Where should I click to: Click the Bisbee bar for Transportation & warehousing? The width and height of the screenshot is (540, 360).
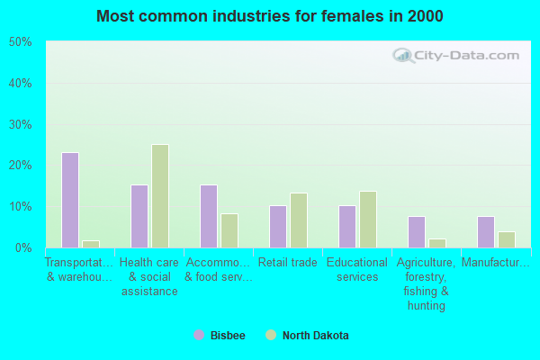pos(70,200)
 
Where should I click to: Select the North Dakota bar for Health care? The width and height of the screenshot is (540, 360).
pos(160,196)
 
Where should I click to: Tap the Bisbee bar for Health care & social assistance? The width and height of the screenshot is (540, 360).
pos(139,216)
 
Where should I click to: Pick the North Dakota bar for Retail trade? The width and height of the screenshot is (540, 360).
pos(299,220)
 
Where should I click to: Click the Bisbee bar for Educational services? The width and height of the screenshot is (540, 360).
pos(347,227)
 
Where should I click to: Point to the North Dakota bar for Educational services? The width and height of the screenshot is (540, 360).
pos(368,220)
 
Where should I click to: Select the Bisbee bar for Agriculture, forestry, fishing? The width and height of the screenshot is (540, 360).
pos(417,232)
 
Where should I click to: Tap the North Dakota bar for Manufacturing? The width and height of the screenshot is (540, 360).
pos(507,239)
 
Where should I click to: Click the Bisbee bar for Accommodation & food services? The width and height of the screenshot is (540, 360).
pos(209,216)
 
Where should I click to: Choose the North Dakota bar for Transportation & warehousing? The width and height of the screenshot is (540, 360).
pos(91,244)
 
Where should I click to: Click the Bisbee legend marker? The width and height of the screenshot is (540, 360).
pos(199,335)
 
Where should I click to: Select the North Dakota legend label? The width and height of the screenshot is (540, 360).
pos(315,336)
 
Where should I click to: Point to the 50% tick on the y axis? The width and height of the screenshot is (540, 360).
pos(20,42)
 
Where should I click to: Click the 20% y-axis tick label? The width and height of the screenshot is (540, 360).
pos(20,166)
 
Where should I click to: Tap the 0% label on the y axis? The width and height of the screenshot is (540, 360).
pos(23,247)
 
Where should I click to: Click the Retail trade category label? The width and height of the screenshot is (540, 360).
pos(288,263)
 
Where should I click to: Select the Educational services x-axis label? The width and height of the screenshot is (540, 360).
pos(357,270)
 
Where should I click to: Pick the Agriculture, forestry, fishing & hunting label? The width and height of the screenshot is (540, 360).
pos(427,284)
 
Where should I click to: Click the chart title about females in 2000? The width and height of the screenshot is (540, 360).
pos(270,16)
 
